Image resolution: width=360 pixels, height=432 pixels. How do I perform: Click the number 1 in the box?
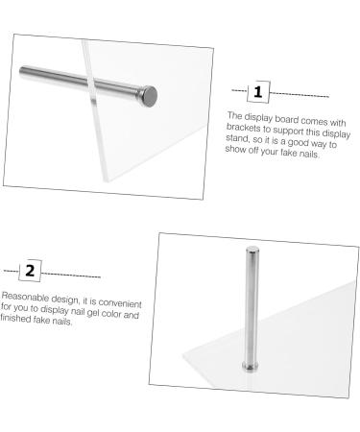[x=258, y=92]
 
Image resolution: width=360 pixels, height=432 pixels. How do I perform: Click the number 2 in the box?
[x=30, y=271]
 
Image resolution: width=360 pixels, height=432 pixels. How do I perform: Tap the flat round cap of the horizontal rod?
[x=150, y=96]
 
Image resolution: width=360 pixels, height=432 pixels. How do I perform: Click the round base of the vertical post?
[x=251, y=366]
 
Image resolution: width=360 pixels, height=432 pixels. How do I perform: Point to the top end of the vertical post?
[x=252, y=249]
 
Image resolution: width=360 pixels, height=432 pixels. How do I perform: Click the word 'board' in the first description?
[x=287, y=119]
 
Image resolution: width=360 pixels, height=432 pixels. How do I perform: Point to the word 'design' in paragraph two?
[x=64, y=299]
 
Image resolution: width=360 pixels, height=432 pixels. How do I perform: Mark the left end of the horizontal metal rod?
[x=21, y=71]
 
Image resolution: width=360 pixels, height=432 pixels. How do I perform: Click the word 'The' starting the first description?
[x=234, y=115]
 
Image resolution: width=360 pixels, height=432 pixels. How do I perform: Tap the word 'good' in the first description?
[x=298, y=142]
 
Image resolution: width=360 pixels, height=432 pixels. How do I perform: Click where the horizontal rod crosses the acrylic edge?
[x=92, y=84]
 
